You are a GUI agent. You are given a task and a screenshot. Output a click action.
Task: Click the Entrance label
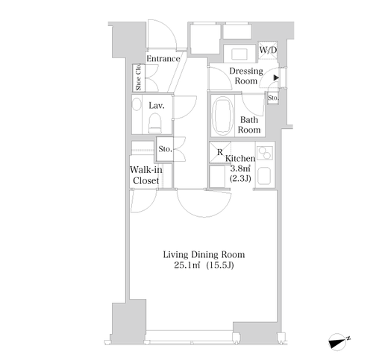coord(163,59)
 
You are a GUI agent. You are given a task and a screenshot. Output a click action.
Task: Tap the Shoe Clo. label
coord(138,78)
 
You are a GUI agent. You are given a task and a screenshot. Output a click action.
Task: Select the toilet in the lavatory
coord(154,124)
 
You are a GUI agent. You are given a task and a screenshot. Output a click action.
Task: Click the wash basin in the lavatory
coord(137,104)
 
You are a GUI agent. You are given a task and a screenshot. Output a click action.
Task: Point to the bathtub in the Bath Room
coord(224,116)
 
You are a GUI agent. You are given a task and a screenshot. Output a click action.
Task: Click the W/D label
coord(268,50)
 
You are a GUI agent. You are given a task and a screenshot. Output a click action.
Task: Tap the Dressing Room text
coord(246,76)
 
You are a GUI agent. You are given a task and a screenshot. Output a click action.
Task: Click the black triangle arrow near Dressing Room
coord(276,78)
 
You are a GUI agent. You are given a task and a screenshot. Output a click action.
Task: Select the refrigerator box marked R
coord(220,152)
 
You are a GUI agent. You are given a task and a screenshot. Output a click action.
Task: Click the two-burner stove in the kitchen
coord(265,153)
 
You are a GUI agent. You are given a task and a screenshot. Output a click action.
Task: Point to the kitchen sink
coord(265,176)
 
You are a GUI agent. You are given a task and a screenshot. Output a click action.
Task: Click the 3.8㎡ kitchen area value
coord(240,168)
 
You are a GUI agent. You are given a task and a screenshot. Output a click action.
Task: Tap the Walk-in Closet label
coord(145,175)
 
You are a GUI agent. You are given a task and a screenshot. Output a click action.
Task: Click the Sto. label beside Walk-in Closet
coord(166,149)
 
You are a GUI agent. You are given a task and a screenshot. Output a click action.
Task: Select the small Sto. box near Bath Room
coord(273,98)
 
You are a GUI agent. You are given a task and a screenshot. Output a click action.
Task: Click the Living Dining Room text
coord(204,255)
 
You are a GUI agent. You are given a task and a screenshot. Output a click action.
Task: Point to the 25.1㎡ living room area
coord(187,265)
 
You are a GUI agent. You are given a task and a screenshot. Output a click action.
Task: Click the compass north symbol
coord(339,341)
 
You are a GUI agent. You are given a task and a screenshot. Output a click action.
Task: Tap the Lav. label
coord(157,106)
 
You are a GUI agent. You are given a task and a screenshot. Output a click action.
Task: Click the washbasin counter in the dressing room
coord(240,54)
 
